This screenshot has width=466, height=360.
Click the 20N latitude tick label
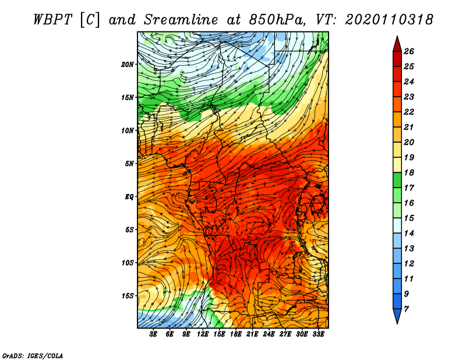(x=128, y=64)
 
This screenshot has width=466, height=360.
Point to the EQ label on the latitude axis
(x=129, y=197)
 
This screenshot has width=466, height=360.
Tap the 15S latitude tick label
(x=128, y=296)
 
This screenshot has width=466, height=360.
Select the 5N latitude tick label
(x=129, y=164)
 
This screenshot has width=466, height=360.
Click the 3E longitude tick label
(x=153, y=334)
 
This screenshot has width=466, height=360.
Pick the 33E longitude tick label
(x=319, y=334)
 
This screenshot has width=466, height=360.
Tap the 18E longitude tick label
(x=236, y=334)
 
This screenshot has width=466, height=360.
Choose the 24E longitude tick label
(x=269, y=334)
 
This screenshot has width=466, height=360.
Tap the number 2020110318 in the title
(x=389, y=19)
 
